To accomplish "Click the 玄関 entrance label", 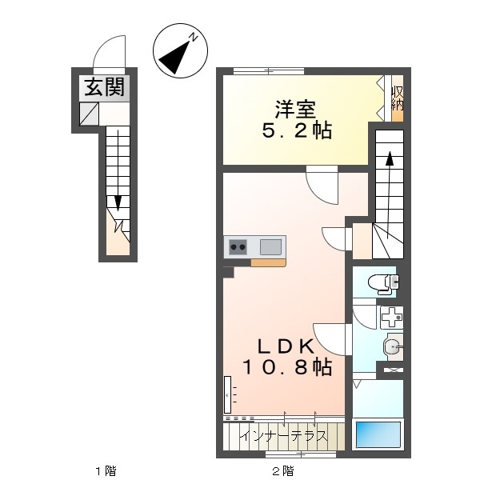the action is (x=104, y=87).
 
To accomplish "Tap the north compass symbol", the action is (x=180, y=50).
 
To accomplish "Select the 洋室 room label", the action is (x=295, y=109).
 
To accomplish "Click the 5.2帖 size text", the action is (x=297, y=130).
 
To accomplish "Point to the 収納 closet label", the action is (x=398, y=98).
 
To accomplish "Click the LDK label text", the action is (x=286, y=347).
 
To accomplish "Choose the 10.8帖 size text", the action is (x=287, y=367).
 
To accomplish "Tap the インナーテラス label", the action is (x=283, y=436).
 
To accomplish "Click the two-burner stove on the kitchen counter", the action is (x=238, y=246).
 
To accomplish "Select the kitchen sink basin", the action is (x=270, y=246).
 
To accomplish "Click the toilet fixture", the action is (x=383, y=283).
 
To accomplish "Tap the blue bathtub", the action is (x=378, y=435).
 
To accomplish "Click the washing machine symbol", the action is (x=391, y=318).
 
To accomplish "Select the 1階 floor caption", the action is (x=106, y=470).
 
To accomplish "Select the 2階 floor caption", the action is (x=283, y=470).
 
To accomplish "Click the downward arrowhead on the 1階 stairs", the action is (x=118, y=203).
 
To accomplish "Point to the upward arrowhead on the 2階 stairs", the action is (x=390, y=158).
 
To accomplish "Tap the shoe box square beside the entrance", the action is (x=89, y=114).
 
